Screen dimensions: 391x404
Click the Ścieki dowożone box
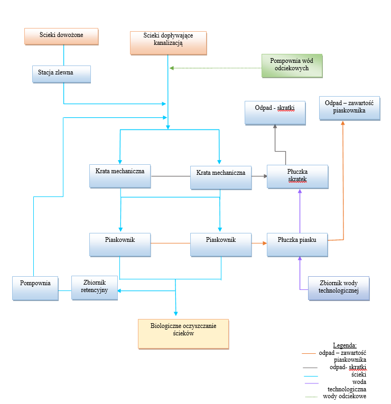[x=61, y=36]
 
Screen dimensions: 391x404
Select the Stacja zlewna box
[x=61, y=74]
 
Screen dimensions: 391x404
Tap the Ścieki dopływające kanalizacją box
[x=169, y=43]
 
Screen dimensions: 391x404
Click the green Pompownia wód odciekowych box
[x=292, y=65]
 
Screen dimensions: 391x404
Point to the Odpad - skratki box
[x=275, y=113]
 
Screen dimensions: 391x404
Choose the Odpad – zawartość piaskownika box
[x=349, y=108]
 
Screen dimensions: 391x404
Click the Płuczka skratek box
[x=297, y=177]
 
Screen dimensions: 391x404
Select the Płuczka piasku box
[x=297, y=245]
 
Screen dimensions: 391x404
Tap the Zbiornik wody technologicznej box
[x=339, y=288]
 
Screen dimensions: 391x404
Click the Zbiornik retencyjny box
[x=95, y=288]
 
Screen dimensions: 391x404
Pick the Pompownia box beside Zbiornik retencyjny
[x=35, y=288]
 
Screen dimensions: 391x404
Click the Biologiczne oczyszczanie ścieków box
[x=183, y=334]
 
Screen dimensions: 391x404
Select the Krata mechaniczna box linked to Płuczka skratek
[x=221, y=178]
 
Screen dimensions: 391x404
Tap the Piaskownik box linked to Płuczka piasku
[x=221, y=245]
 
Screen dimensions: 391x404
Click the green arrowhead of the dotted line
[x=172, y=68]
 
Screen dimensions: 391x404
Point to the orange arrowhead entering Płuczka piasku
[x=265, y=243]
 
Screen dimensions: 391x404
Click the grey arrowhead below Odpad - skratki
[x=275, y=126]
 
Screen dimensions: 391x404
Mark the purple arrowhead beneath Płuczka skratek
[x=300, y=191]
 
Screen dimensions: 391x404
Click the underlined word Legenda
[x=345, y=345]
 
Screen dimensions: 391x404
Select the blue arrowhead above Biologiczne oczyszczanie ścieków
[x=176, y=314]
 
